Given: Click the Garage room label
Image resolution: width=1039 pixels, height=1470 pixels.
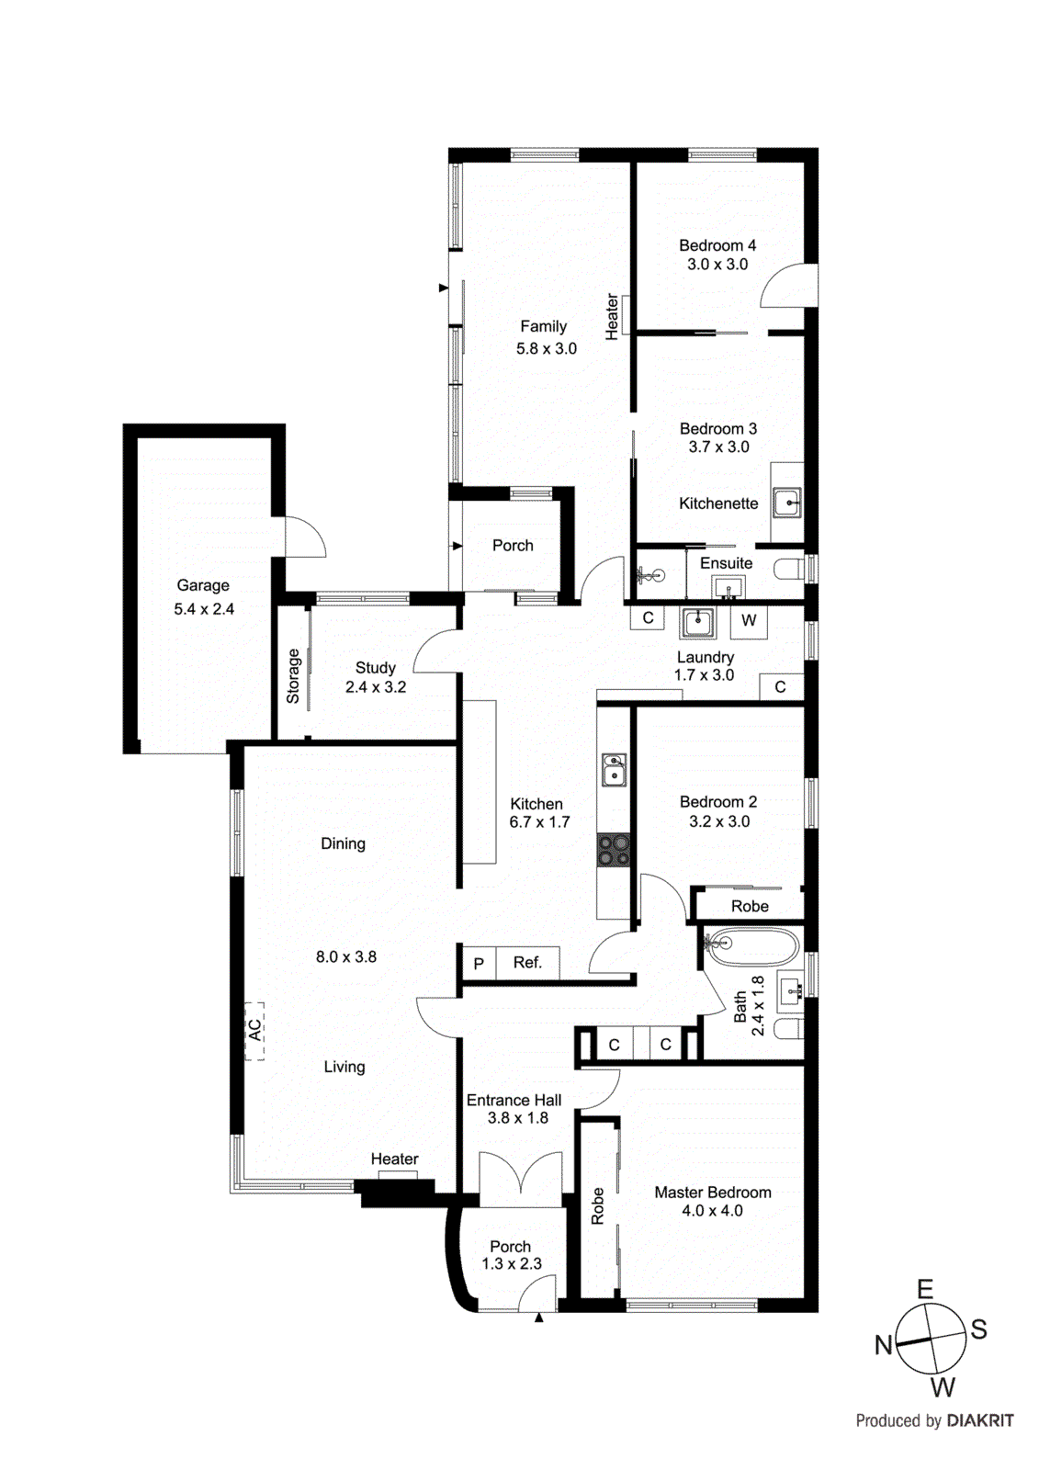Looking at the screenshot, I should (x=203, y=585).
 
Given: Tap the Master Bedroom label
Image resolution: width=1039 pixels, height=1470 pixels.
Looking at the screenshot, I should (x=712, y=1193).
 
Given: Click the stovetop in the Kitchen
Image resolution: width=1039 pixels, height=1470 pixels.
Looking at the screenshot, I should (x=614, y=851).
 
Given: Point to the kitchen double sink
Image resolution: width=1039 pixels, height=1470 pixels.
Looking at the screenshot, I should (x=614, y=770).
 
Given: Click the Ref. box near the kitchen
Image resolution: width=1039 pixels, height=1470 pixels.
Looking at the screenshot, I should (x=527, y=963).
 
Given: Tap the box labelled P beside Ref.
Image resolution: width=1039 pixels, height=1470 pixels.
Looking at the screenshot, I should (x=478, y=964).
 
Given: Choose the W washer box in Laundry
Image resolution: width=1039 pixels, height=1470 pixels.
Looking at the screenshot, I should (x=749, y=621).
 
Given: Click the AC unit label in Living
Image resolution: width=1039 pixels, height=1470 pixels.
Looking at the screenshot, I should (x=254, y=1031).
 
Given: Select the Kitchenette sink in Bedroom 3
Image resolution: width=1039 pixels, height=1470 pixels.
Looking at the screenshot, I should (x=786, y=503).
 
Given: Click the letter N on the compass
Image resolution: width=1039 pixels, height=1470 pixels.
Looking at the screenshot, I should (x=883, y=1345).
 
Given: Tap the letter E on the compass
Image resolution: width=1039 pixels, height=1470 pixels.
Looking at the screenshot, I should (x=925, y=1289).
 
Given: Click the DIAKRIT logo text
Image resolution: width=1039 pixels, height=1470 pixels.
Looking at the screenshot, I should (x=980, y=1420).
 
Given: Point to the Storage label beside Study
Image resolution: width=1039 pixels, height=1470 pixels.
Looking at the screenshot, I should (x=293, y=676).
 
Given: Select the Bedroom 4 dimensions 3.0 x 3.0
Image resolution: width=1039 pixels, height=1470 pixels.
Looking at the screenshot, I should (x=717, y=265).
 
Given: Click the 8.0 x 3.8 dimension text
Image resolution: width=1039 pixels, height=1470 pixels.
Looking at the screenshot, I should (x=346, y=956).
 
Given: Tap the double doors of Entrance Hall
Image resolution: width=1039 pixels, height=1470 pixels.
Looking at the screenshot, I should (x=520, y=1180).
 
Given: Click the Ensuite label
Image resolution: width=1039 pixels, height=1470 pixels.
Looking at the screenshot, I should (x=726, y=563).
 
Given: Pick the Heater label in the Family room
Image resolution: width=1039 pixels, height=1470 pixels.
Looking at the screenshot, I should (x=612, y=317).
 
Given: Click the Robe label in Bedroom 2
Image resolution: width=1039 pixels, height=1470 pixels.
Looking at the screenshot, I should (x=750, y=906).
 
